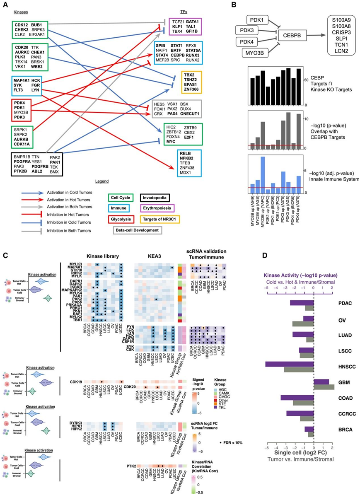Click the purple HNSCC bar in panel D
click(x=290, y=363)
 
